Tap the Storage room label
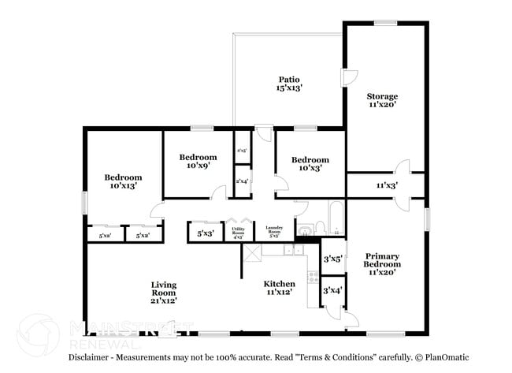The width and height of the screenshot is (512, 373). tap(383, 100)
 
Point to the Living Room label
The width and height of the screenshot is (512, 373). tap(164, 292)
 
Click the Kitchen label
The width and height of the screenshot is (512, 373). tap(280, 288)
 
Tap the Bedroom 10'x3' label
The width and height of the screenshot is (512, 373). tap(310, 164)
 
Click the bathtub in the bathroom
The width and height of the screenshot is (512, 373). tap(336, 216)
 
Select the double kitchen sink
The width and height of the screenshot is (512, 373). tap(293, 251)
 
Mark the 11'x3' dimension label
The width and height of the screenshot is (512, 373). tap(386, 186)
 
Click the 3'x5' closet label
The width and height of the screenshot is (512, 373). tap(332, 258)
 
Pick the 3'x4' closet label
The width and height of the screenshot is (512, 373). tap(332, 291)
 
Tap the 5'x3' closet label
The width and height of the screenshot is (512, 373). tap(205, 233)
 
